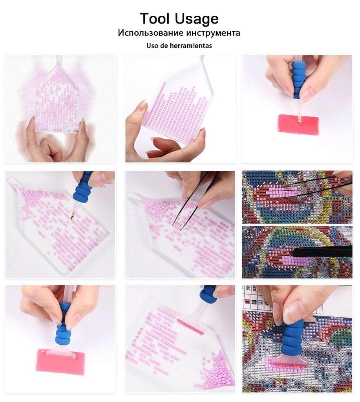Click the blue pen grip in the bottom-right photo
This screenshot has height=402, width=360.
point(293,334)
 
